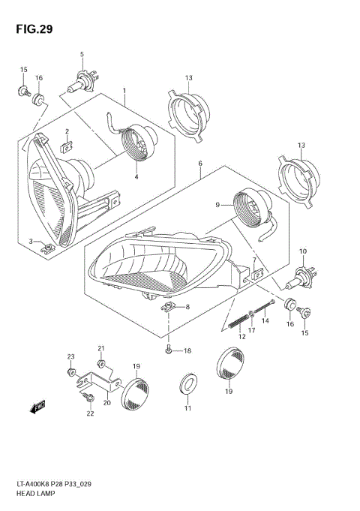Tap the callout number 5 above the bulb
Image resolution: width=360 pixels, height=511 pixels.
(x=82, y=53)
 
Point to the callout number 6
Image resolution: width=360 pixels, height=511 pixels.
(x=199, y=163)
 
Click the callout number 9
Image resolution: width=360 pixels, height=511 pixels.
(x=217, y=204)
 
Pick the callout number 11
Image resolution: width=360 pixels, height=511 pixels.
(x=188, y=408)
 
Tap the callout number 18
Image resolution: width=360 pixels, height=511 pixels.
(x=187, y=351)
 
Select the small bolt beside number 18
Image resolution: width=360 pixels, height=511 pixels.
(x=170, y=350)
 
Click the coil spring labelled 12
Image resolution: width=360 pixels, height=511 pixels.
(x=237, y=322)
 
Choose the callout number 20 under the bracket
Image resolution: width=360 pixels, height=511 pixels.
(x=107, y=402)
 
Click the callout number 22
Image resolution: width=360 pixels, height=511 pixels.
(x=90, y=413)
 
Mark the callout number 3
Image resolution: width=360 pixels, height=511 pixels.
(x=31, y=240)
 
